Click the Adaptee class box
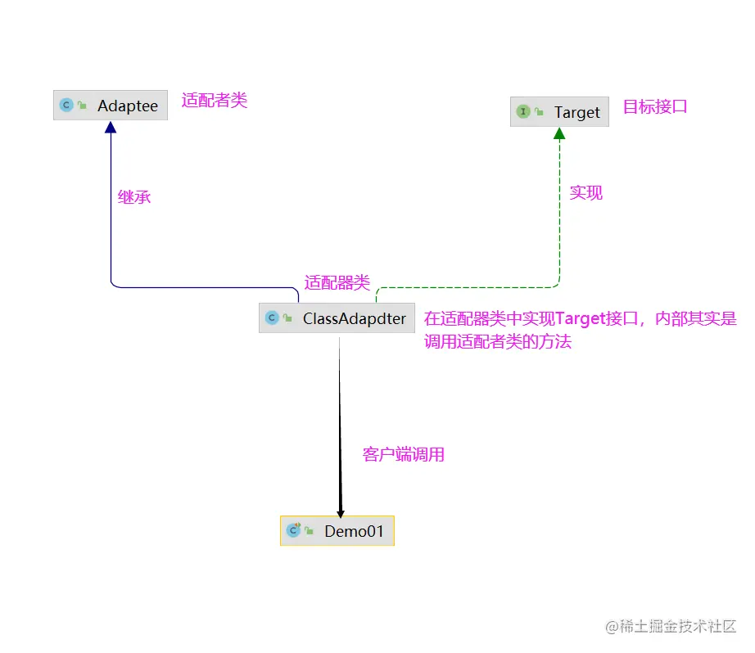click(111, 106)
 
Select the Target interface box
click(559, 112)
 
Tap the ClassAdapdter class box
click(336, 318)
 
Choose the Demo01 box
click(337, 531)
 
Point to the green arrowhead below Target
click(559, 133)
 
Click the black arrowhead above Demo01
click(341, 511)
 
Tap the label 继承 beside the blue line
click(134, 197)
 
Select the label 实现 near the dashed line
click(586, 193)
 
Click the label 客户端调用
click(404, 455)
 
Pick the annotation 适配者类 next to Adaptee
click(215, 101)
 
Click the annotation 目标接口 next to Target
click(655, 106)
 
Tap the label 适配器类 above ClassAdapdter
click(337, 283)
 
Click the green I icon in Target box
click(522, 112)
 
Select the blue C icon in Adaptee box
click(66, 106)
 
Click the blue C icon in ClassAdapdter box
click(272, 318)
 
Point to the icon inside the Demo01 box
click(293, 531)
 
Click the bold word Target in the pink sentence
click(580, 319)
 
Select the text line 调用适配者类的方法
click(498, 342)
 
